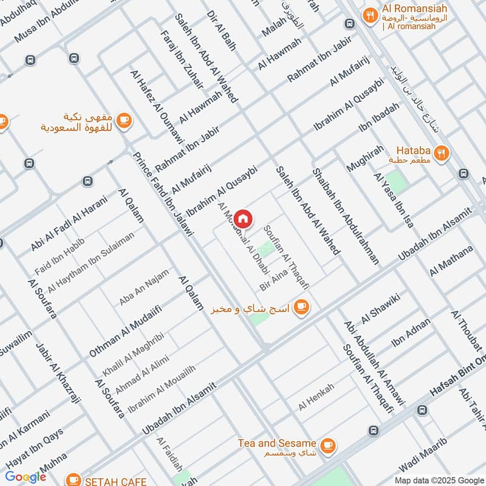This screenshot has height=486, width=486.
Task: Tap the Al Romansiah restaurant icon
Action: coord(369,15)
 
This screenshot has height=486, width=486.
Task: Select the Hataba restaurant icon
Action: coord(443,153)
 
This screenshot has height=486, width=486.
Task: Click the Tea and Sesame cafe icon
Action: coord(328,445)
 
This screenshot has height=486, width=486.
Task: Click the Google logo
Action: coord(26,477)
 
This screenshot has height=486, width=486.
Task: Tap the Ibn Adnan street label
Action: coord(411,335)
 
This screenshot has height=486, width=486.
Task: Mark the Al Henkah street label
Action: coord(317,400)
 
